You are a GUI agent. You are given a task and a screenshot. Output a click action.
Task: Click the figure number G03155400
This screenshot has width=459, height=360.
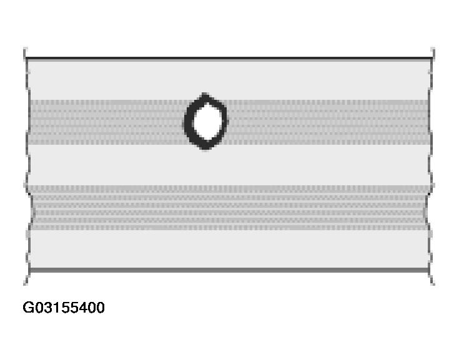64,308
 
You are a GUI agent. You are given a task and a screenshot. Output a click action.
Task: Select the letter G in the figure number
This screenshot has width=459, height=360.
28,308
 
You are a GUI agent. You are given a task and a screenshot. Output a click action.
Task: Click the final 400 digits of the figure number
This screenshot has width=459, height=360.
92,308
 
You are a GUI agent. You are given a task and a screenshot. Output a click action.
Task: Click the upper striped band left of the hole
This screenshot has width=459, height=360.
106,122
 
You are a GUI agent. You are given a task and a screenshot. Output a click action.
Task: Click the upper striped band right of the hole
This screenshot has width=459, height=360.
325,122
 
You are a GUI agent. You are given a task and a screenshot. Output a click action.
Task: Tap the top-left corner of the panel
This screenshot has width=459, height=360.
27,59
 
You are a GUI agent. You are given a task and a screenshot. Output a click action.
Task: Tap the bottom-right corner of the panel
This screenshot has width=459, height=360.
430,270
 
